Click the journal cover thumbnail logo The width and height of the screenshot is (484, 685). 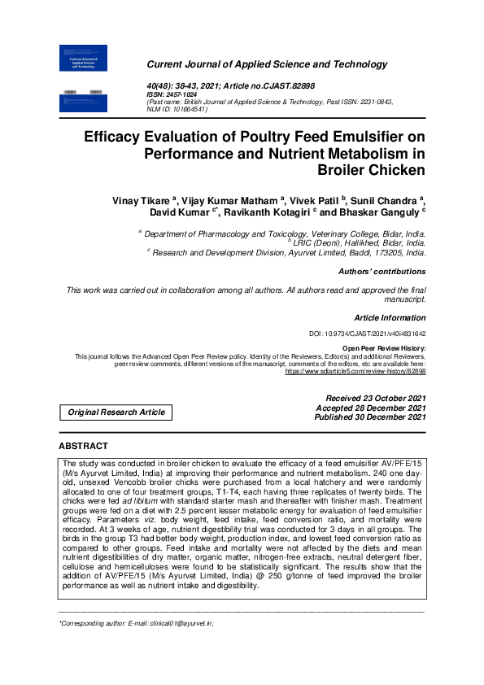click(x=84, y=76)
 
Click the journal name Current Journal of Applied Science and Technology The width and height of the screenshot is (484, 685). click(x=267, y=64)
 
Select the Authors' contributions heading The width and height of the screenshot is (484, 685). click(x=382, y=271)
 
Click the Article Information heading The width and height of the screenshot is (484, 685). click(x=390, y=316)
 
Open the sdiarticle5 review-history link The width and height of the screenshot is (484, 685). click(x=355, y=371)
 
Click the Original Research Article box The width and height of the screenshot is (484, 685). click(x=116, y=412)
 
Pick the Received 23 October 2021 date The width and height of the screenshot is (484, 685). click(x=375, y=397)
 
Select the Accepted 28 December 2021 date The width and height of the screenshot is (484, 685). click(x=372, y=407)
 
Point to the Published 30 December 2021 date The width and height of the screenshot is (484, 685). click(x=370, y=417)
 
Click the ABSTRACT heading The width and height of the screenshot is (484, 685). click(x=83, y=447)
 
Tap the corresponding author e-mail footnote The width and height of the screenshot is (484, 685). click(x=136, y=623)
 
